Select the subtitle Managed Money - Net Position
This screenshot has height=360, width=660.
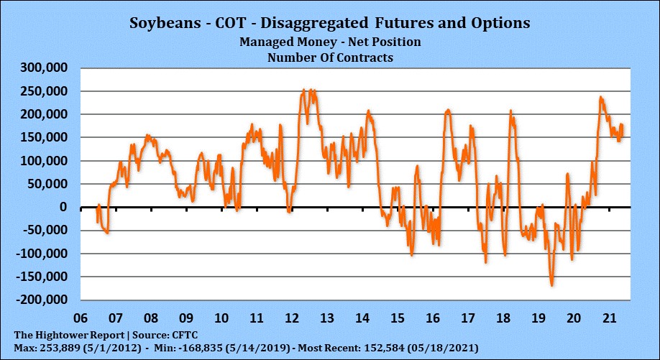coord(330,42)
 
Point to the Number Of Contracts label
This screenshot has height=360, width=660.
coord(330,57)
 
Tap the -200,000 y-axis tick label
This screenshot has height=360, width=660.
coord(40,300)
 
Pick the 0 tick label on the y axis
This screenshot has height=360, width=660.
coord(63,208)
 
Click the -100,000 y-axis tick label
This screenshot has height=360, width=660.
coord(40,254)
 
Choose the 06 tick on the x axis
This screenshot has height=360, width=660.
coord(81,317)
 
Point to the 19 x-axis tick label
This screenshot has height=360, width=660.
coord(538,317)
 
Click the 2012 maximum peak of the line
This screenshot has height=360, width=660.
coord(304,91)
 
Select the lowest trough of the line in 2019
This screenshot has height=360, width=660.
coord(551,285)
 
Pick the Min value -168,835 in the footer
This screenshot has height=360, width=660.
coord(162,348)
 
